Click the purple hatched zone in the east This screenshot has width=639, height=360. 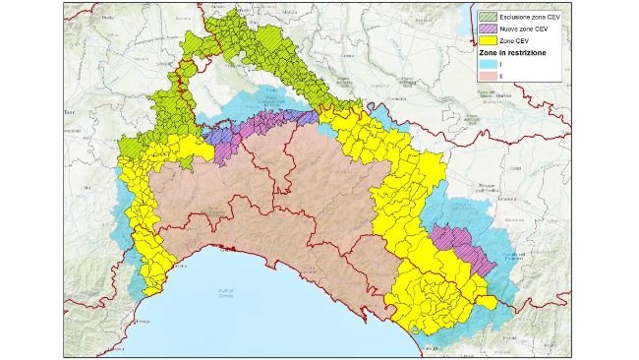click(460, 246)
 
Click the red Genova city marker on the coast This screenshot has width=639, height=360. click(229, 250)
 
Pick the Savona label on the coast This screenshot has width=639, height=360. click(147, 293)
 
